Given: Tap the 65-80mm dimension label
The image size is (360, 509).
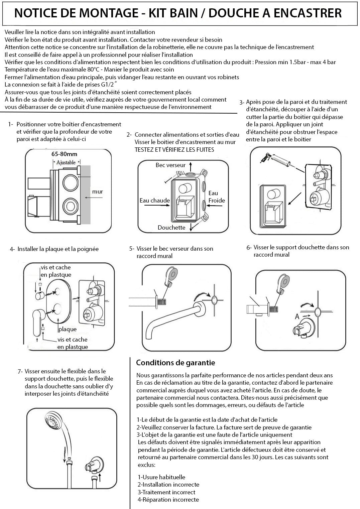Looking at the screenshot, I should coord(64,154).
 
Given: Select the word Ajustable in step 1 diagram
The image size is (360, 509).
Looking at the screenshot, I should coord(66,162).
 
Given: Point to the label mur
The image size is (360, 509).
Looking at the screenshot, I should coord(98,192).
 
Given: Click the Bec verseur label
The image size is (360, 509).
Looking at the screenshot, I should coord(170,165).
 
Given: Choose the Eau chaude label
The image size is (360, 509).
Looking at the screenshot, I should coord(155,201).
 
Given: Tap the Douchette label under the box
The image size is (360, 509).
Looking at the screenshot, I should coord(171,228).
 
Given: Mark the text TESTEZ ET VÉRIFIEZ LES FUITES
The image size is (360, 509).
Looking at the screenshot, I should coord(174,149).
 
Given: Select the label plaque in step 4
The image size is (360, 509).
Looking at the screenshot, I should coord(68,329).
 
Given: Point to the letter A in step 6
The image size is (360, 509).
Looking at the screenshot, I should coord(297,316).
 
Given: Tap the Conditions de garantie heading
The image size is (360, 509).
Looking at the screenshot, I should coord(175,363).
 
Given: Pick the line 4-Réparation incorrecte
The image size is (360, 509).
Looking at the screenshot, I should coord(168,500).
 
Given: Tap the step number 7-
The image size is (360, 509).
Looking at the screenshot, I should coord(20,371).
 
